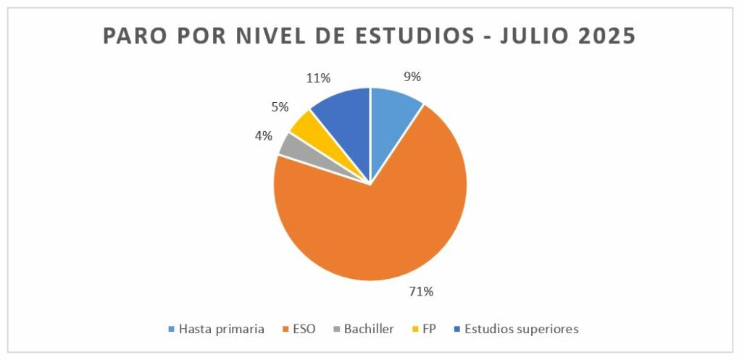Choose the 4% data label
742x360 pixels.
pyautogui.click(x=262, y=135)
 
